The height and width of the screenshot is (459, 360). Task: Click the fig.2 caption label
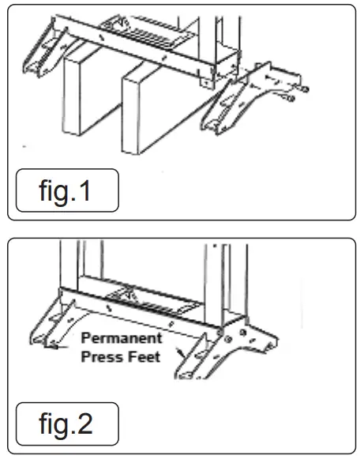[67, 425]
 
